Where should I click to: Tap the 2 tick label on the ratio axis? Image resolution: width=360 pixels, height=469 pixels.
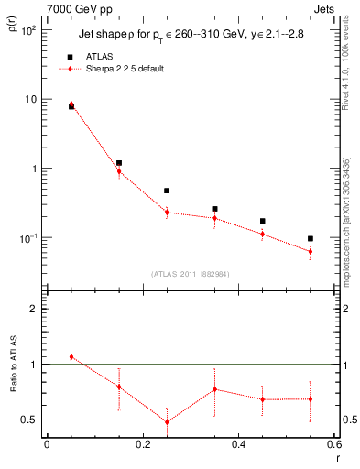(x=33, y=309)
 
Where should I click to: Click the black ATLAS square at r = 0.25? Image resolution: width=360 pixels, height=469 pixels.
(x=167, y=191)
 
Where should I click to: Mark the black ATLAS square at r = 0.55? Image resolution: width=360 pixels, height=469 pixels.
(x=311, y=238)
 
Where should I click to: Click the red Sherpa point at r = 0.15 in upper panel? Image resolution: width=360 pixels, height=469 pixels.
(x=119, y=171)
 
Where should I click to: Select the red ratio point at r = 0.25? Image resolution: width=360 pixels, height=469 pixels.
(x=167, y=422)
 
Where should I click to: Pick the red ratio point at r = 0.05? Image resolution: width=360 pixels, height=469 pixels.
(x=71, y=356)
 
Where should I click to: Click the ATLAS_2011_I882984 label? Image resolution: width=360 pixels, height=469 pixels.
(x=191, y=274)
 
